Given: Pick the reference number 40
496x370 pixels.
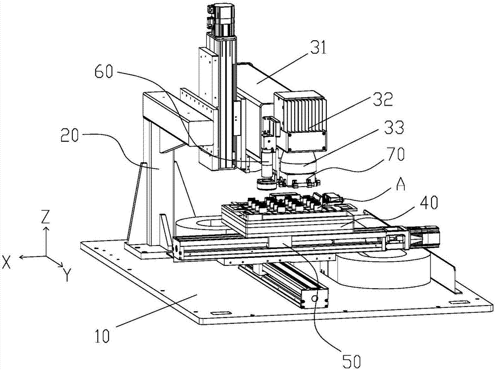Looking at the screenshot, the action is [428, 202].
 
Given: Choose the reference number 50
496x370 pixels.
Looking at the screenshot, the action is [351, 360].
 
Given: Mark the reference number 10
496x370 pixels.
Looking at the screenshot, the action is [102, 335].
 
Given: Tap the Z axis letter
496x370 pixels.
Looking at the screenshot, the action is [46, 217].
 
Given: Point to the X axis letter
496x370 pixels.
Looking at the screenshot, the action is [6, 262].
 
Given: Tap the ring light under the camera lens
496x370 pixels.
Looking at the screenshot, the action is [267, 184].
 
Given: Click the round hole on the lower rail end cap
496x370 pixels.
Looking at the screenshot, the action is [314, 298].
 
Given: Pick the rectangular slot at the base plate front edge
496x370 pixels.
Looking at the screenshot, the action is [221, 313].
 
